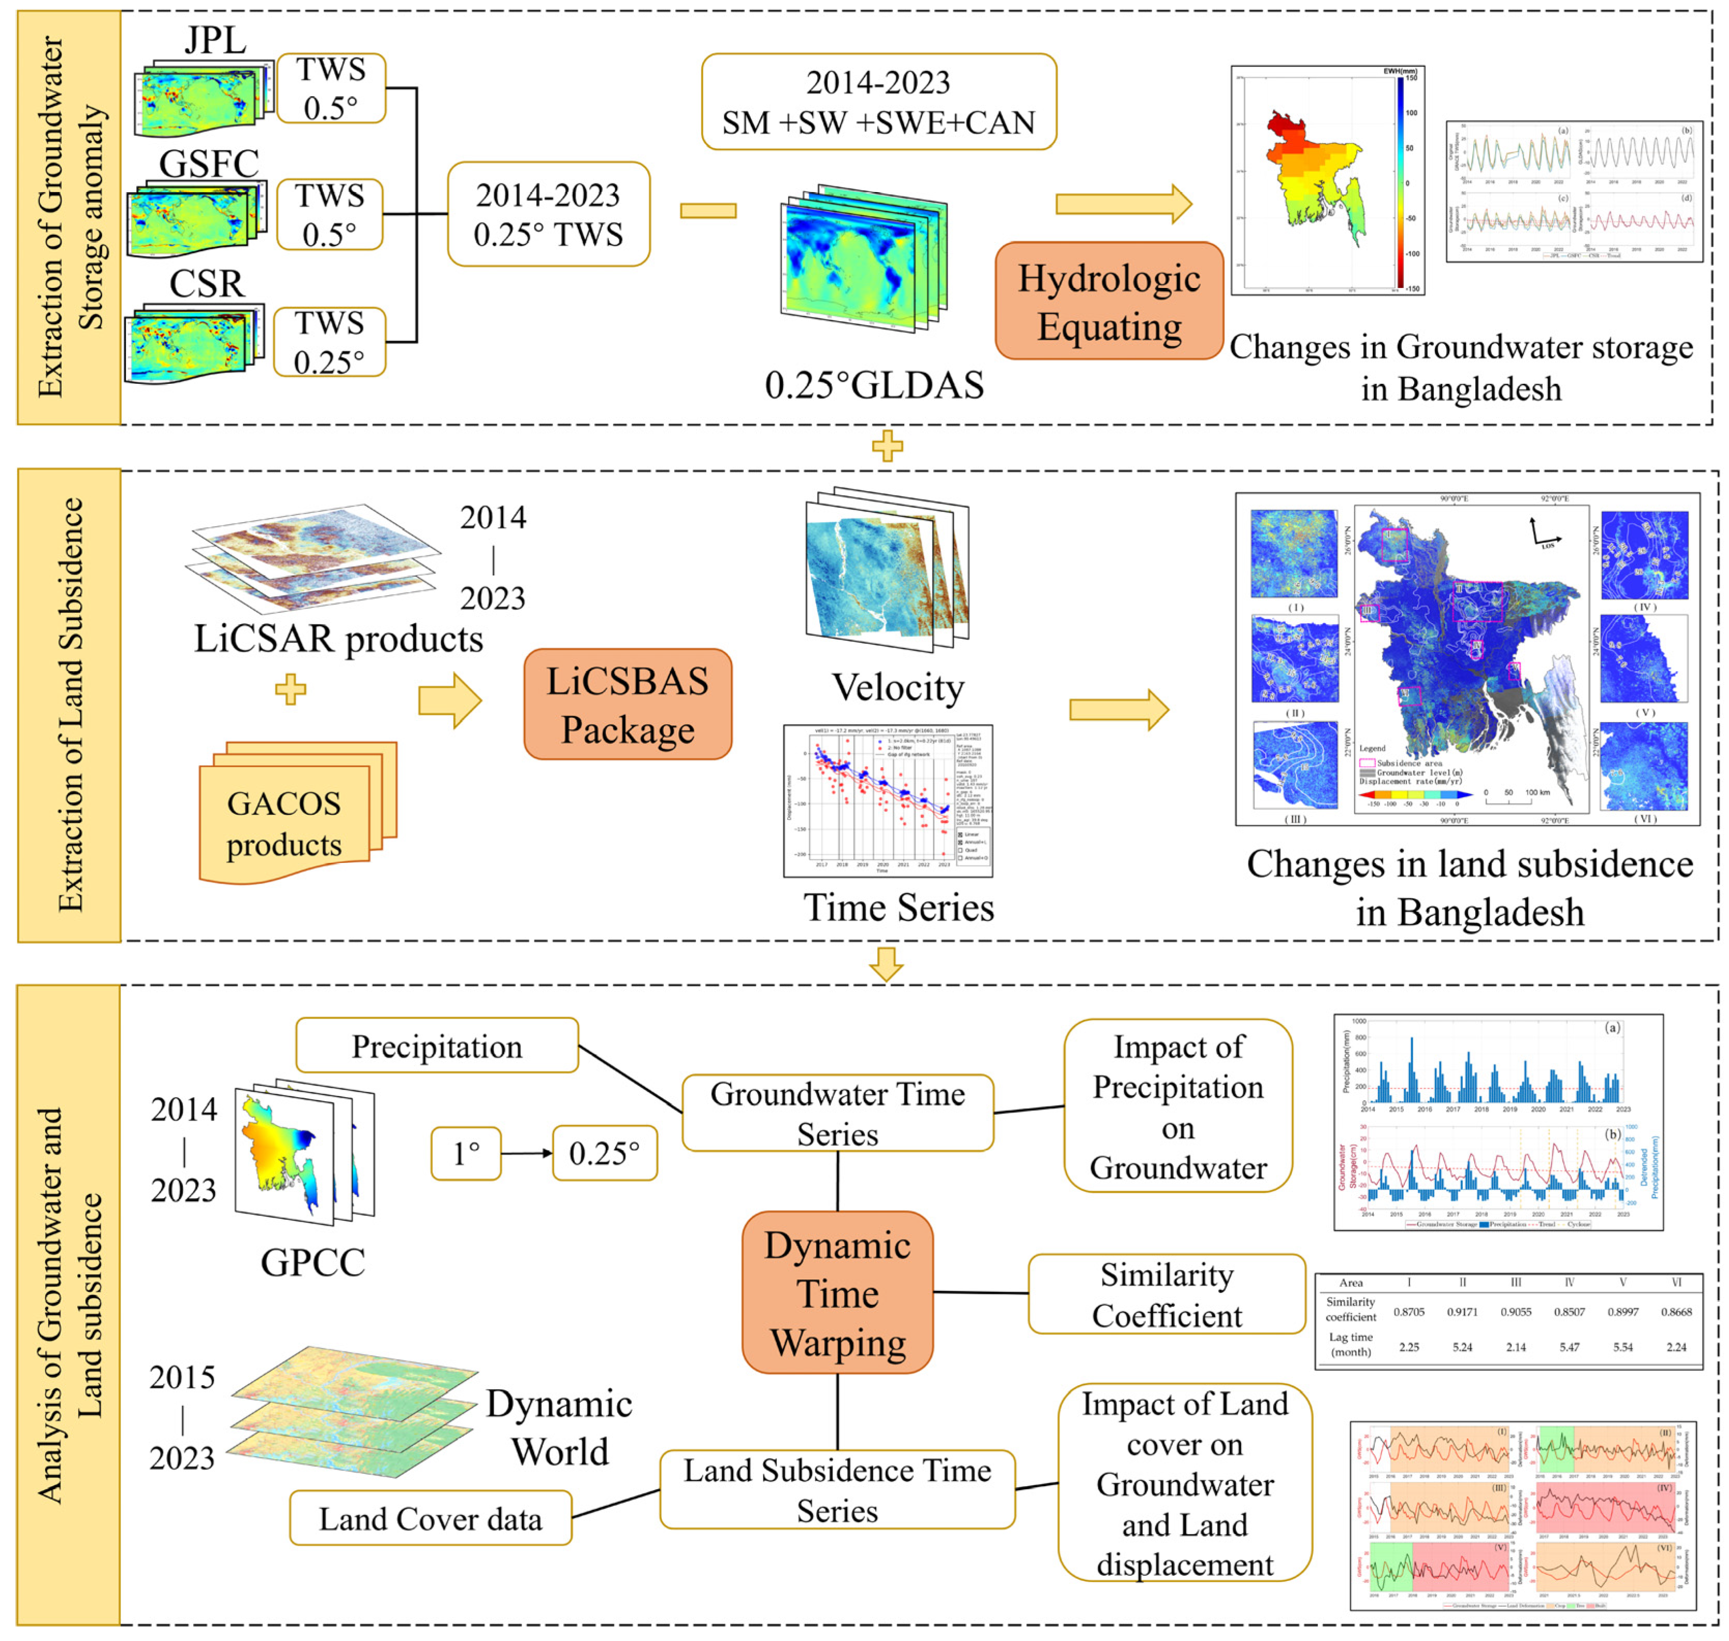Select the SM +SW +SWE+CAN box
tap(878, 102)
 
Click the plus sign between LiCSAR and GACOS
tap(290, 689)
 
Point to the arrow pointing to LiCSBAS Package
tap(449, 700)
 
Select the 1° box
tap(466, 1153)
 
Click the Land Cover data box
tap(430, 1519)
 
